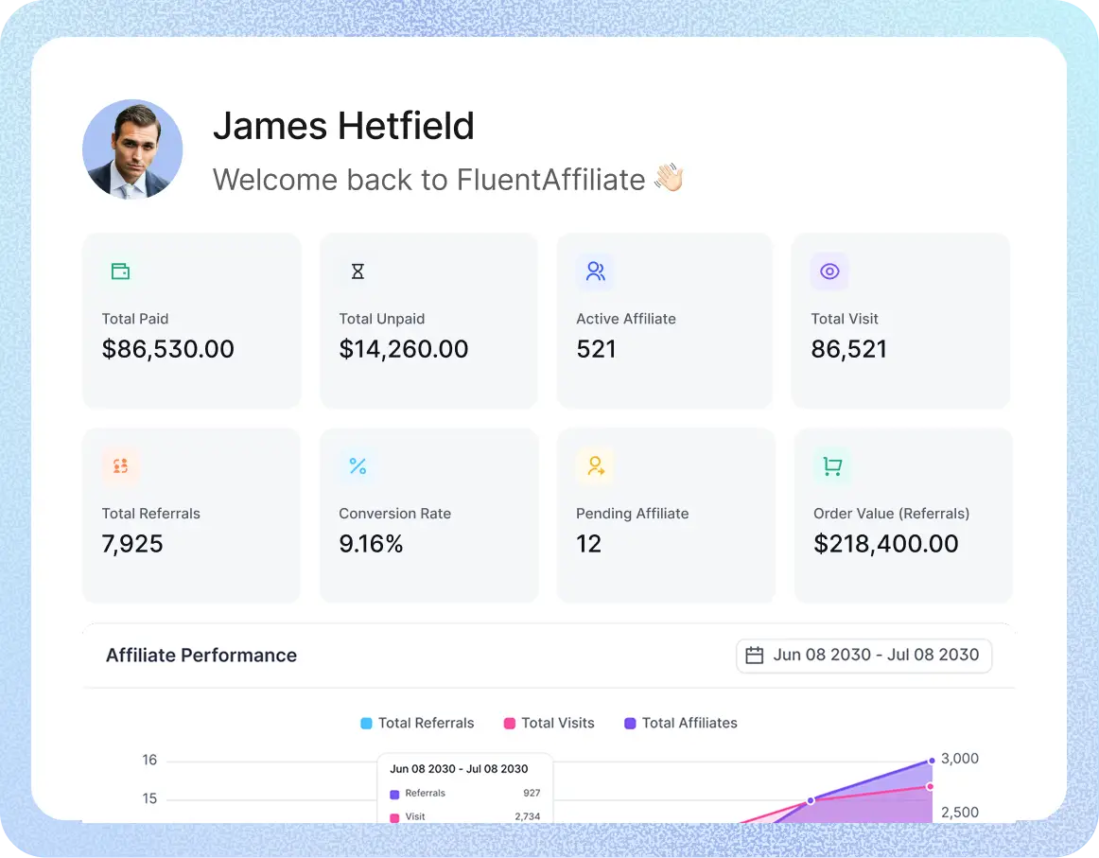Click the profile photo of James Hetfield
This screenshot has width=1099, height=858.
(x=132, y=149)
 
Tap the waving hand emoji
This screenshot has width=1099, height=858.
(x=670, y=178)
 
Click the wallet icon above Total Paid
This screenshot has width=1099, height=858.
(x=120, y=271)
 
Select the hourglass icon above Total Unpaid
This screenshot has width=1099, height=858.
(x=358, y=271)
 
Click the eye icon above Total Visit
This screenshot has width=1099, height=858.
(x=829, y=271)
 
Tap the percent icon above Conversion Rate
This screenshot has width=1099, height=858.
(x=358, y=465)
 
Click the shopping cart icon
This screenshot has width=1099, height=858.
(x=832, y=465)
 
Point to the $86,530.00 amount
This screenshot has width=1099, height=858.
(x=168, y=349)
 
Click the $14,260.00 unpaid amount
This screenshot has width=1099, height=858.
(x=404, y=349)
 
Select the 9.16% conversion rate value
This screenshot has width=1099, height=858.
(x=371, y=544)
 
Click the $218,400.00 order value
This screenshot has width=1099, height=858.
(x=886, y=544)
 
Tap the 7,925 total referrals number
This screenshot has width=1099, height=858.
(x=132, y=544)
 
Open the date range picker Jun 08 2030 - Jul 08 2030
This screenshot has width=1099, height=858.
(x=863, y=655)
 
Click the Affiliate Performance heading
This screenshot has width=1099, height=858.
(x=201, y=656)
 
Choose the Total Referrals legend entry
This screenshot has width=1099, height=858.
(x=417, y=723)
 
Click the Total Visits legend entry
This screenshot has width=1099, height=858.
(x=549, y=723)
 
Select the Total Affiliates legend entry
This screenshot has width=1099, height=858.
(x=681, y=723)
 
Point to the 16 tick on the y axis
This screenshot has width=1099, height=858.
(x=149, y=760)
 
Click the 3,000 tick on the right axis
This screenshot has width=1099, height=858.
(x=960, y=759)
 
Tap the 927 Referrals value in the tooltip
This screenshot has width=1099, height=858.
(x=532, y=794)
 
